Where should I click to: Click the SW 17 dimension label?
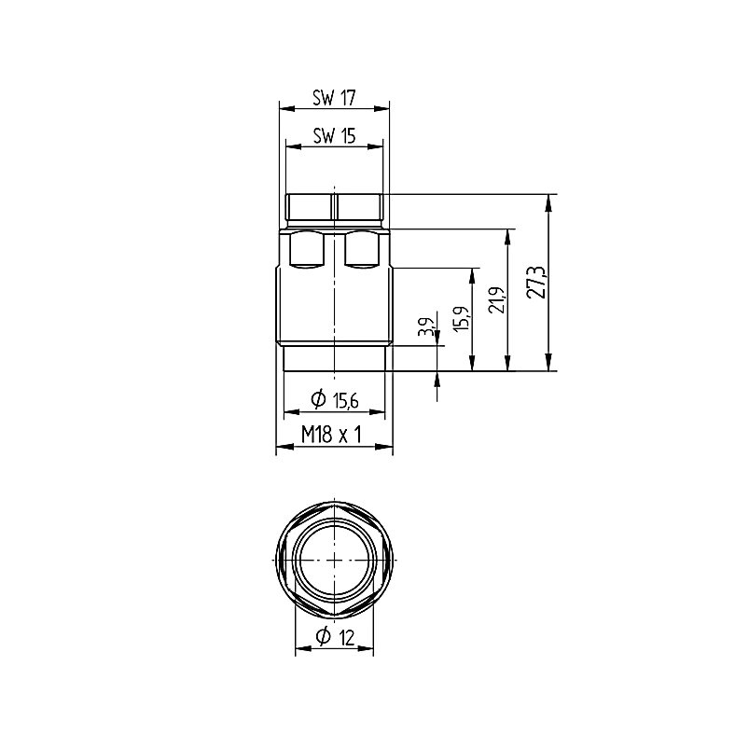(x=334, y=98)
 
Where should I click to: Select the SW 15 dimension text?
(x=334, y=136)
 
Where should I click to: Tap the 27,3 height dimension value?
(x=536, y=283)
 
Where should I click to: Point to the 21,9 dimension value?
(x=497, y=300)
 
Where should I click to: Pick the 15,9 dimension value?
(x=462, y=319)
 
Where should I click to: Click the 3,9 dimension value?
(x=426, y=326)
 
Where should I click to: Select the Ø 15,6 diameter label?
(x=335, y=400)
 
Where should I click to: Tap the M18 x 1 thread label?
(x=331, y=435)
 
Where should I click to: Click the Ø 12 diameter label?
(x=336, y=636)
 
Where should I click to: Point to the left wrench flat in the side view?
(x=307, y=250)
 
